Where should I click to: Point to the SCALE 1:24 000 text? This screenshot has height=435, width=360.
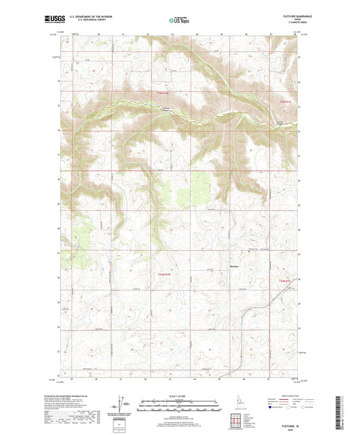[x=179, y=396]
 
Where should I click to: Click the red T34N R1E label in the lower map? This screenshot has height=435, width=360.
[x=282, y=280]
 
